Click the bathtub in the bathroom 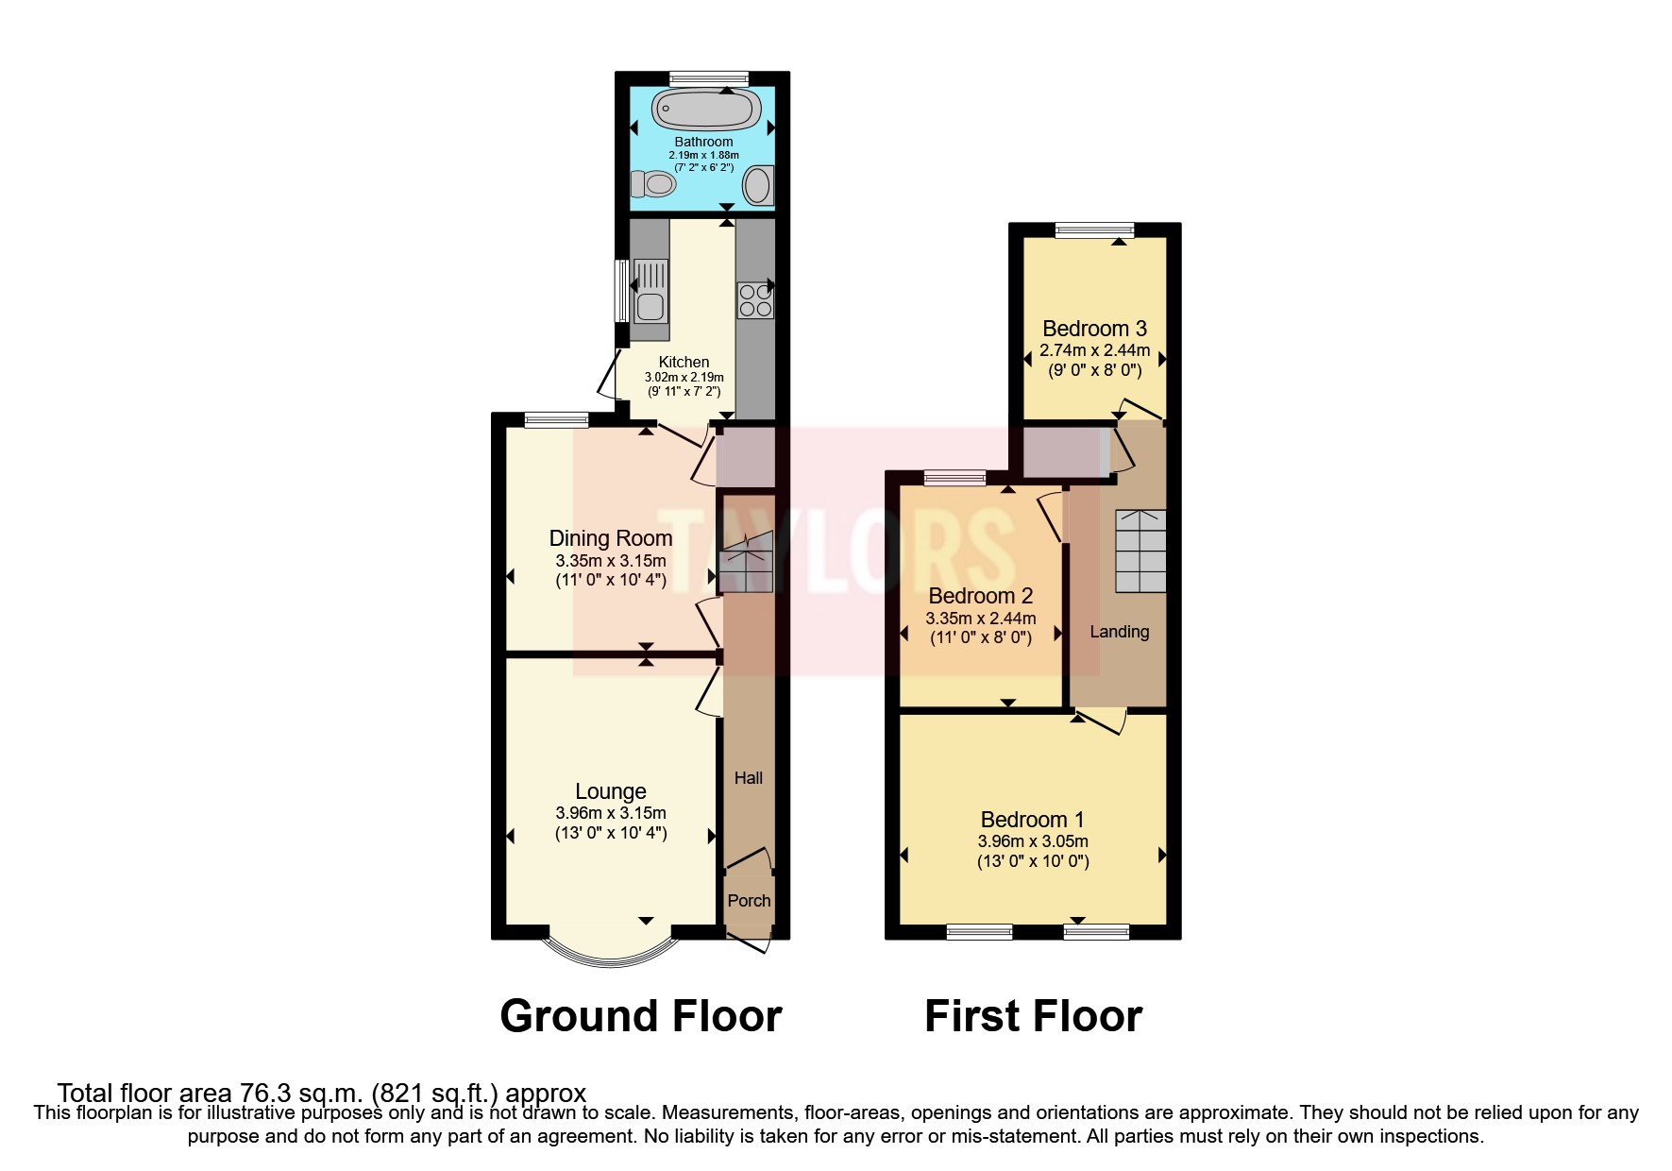[x=705, y=110]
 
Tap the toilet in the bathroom [x=652, y=182]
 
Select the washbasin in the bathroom [x=757, y=185]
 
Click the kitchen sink [x=650, y=290]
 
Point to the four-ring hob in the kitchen [x=755, y=300]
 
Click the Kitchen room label [x=684, y=362]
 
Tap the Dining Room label [x=611, y=538]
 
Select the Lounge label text [x=611, y=791]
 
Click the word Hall [x=749, y=778]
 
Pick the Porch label [x=749, y=901]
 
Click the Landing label [x=1120, y=632]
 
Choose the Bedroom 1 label [x=1032, y=820]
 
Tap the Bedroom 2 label [x=981, y=596]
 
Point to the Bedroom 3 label [x=1094, y=329]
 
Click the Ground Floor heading [x=641, y=1016]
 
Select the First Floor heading [x=1033, y=1016]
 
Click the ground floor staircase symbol [x=746, y=563]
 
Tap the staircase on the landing [x=1140, y=552]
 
